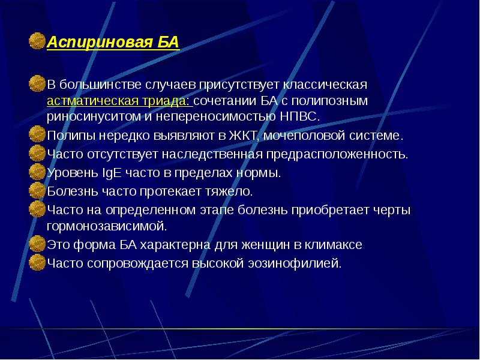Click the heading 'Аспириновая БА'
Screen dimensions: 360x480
click(x=112, y=43)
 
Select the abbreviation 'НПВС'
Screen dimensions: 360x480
click(x=302, y=116)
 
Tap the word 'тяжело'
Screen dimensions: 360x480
click(x=230, y=193)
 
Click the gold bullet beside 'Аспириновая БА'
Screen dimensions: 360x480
click(x=38, y=42)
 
